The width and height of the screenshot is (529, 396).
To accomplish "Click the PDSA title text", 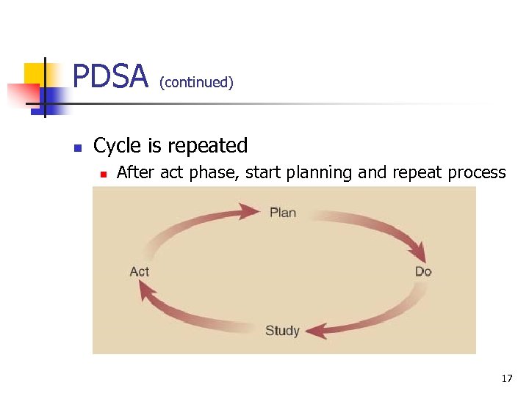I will coord(110,77).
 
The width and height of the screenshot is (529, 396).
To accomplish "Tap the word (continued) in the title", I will coord(196,82).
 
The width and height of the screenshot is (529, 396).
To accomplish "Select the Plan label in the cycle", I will coord(283,213).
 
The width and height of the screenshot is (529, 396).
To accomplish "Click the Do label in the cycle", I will coord(423,271).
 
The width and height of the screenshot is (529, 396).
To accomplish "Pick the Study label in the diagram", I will coord(282,331).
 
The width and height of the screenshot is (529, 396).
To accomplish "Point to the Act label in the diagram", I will coord(140,271).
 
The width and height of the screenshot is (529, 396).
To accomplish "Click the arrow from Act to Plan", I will coord(195,224).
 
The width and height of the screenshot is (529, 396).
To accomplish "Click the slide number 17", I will coord(507,378).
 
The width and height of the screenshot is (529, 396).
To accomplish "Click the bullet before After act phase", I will coord(104,175).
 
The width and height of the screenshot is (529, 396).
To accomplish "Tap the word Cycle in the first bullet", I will coord(118,146).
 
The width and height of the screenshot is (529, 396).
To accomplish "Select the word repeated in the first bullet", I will coord(208,146).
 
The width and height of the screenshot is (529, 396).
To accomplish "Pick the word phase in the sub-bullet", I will coord(214,173).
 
